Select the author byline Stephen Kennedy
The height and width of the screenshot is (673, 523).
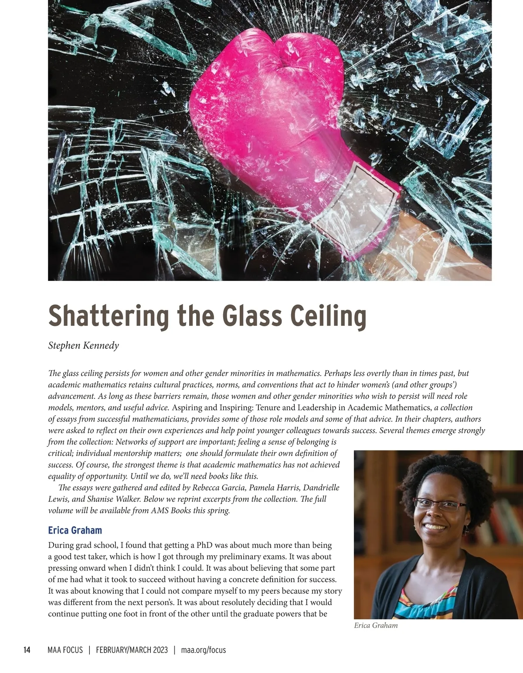coord(83,346)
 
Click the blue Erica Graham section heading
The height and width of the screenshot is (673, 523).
coord(75,530)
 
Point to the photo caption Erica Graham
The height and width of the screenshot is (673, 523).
coord(376,626)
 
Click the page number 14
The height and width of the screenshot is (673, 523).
coord(27,650)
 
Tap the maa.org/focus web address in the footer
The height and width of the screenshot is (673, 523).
coord(203,650)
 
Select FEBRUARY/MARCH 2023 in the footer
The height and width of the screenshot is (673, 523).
coord(132,650)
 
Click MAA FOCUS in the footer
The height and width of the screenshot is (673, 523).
coord(65,650)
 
